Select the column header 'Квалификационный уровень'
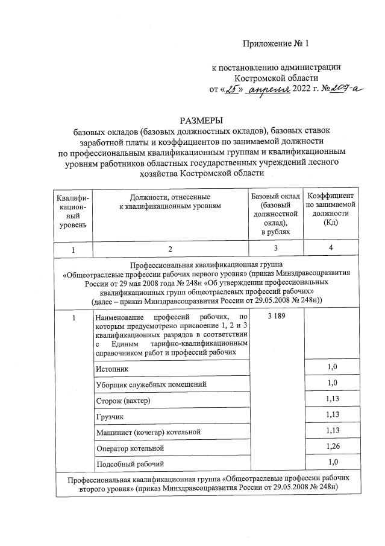[72, 211]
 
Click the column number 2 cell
[170, 249]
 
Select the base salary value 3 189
[275, 317]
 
